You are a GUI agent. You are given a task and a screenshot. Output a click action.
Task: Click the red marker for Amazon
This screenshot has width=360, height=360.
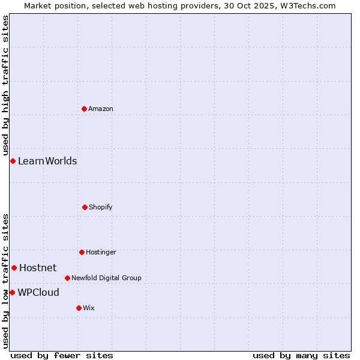84,109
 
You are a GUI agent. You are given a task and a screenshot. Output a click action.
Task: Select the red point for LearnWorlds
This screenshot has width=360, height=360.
13,161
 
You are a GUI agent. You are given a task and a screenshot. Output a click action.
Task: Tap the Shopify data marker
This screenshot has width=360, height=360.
85,207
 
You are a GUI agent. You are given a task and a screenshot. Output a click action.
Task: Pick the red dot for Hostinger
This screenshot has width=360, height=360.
82,252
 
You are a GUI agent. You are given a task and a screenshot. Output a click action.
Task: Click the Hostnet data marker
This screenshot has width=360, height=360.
14,268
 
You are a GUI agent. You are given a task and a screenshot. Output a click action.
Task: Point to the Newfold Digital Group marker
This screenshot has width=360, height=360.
67,278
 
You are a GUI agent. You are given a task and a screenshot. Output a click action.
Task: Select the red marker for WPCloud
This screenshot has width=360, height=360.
12,292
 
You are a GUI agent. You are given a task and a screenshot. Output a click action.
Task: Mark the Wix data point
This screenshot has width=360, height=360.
79,308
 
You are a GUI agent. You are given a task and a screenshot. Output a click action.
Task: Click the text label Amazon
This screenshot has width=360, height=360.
101,109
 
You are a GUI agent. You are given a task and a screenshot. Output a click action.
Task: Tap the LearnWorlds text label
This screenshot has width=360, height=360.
47,161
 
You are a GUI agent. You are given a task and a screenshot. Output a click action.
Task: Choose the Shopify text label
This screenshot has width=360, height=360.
101,207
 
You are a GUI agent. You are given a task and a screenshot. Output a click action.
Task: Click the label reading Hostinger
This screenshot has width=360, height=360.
101,252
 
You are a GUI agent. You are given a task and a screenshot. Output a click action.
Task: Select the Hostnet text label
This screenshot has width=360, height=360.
38,268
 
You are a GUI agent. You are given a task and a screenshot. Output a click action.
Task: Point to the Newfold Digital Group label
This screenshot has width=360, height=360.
106,278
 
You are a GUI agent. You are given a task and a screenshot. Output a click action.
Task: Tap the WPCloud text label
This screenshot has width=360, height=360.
38,292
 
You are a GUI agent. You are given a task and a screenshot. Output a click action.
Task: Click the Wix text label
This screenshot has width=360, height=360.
89,308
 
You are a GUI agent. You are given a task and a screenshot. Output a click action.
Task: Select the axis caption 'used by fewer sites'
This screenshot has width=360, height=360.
62,355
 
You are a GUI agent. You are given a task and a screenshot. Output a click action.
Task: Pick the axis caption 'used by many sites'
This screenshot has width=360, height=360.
301,355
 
